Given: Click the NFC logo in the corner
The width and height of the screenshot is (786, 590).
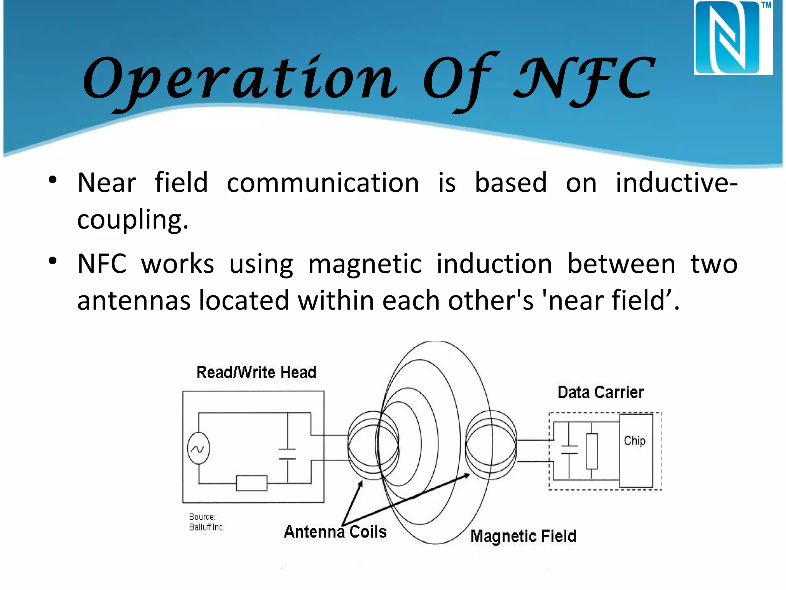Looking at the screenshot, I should tap(733, 38).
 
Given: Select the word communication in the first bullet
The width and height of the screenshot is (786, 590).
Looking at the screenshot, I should tap(323, 183).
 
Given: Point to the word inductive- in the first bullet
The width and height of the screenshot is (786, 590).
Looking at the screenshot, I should tap(676, 183).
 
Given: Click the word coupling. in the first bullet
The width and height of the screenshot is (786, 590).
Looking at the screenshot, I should tap(133, 220).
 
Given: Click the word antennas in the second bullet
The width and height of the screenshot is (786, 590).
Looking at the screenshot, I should tap(134, 300).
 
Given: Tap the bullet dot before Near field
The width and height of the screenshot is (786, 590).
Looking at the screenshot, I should tap(53, 180).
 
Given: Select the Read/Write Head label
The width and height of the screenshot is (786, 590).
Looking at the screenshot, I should tap(256, 372).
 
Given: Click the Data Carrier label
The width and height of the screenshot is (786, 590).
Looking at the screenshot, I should tap(600, 392).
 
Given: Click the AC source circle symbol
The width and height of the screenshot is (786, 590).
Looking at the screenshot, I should tap(198, 449).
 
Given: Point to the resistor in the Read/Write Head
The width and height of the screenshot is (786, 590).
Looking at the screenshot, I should tap(251, 483).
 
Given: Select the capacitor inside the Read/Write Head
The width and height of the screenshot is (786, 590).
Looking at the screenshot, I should tap(287, 454).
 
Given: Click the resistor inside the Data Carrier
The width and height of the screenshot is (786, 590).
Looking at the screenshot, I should tap(591, 451).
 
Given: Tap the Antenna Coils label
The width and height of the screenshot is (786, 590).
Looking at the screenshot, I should tap(335, 532).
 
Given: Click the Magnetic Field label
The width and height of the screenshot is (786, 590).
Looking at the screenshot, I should tap(523, 536).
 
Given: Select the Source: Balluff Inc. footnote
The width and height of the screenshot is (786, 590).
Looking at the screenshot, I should tap(206, 522).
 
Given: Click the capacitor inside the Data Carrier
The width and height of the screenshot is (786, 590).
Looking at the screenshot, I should tap(569, 450).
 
